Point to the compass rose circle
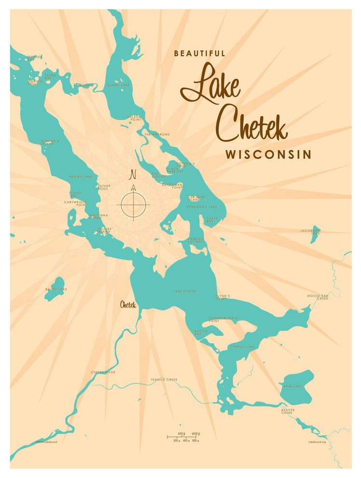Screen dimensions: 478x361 (x=133, y=204)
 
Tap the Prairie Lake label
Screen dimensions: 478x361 (x=81, y=177)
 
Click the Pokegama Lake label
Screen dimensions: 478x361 (x=202, y=207)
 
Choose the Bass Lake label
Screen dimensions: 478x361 (x=292, y=386)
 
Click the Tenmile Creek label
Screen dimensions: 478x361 (x=164, y=380)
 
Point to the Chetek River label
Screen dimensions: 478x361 (x=103, y=372)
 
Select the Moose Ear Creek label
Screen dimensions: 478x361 (x=317, y=297)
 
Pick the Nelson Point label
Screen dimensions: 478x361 (x=134, y=118)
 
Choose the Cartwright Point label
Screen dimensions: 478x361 (x=75, y=204)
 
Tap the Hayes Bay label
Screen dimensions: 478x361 (x=212, y=220)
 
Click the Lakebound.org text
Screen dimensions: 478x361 (x=317, y=442)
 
